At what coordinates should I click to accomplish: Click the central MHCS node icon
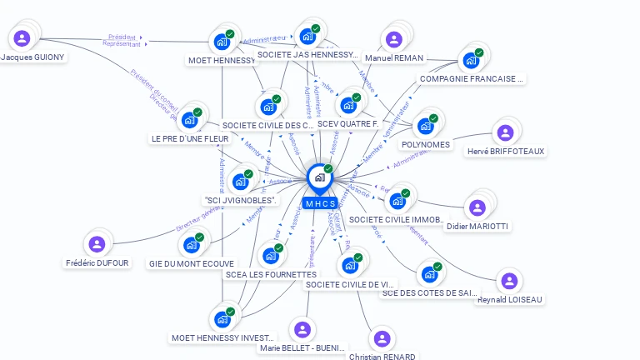pos(319,177)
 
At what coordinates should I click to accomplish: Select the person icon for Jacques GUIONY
pos(22,37)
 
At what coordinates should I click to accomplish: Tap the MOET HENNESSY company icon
pos(222,41)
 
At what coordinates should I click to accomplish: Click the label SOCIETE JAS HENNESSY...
pos(307,55)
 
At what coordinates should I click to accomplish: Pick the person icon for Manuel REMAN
pos(393,39)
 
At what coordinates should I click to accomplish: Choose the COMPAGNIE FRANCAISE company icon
pos(471,60)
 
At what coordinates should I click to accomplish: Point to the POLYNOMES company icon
pos(426,126)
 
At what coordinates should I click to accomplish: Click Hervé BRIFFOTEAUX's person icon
pos(505,132)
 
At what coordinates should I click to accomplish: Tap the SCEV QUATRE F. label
pos(347,124)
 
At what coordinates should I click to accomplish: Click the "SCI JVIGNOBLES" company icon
pos(241,181)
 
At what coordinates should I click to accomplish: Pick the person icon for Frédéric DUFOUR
pos(97,244)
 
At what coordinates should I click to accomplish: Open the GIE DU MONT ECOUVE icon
pos(192,244)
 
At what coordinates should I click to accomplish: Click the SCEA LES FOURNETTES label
pos(271,274)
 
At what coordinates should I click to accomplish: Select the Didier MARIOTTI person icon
pos(477,207)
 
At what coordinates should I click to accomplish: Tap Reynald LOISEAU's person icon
pos(509,282)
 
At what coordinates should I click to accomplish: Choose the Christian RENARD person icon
pos(382,338)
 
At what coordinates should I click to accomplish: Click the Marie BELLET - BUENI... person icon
pos(302,330)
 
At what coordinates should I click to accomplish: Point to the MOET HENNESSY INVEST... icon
pos(222,319)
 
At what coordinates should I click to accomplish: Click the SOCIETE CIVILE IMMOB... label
pos(395,220)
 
